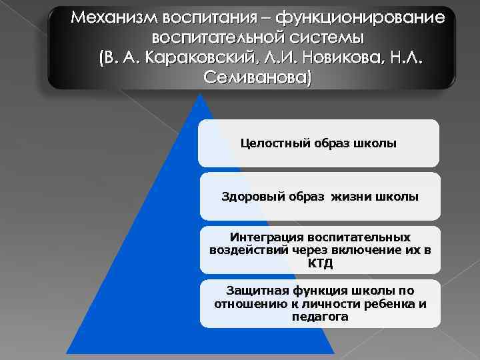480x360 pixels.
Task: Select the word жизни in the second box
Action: point(337,196)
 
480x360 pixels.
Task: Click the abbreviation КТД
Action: point(320,263)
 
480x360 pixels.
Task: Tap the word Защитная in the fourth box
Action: point(252,291)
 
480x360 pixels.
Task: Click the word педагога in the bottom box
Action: point(320,316)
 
